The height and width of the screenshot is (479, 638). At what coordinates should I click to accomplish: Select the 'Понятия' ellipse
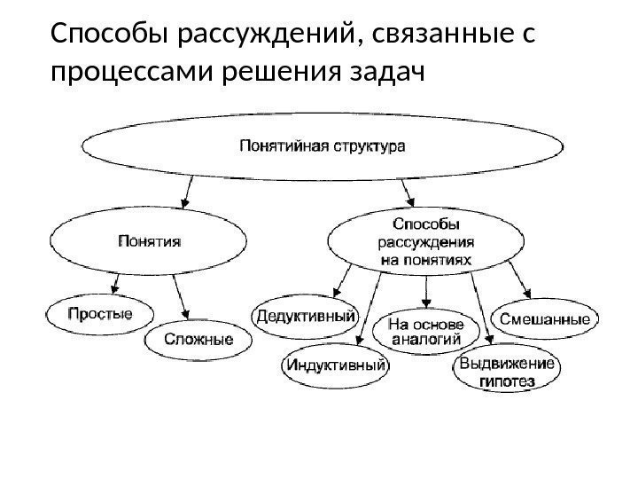tap(149, 239)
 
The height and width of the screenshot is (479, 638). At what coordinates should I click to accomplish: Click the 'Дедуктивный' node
tap(307, 315)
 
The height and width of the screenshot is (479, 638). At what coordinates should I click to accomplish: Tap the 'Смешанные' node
tap(546, 317)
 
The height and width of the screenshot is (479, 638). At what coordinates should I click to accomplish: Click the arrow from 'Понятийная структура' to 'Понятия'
tap(187, 190)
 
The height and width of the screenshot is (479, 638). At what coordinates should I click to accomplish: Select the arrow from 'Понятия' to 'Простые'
tap(116, 282)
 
